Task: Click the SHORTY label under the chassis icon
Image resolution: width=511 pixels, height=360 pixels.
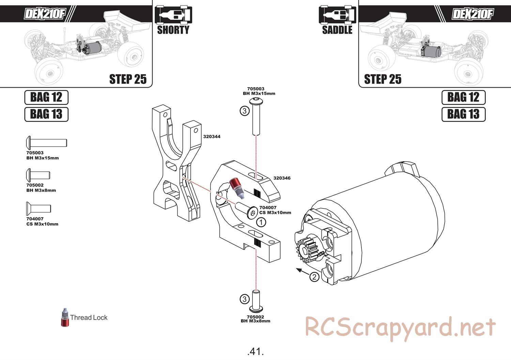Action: [x=173, y=30]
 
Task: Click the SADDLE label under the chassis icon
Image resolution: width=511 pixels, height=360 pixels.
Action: [x=337, y=30]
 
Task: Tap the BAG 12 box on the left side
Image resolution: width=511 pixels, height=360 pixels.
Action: [x=46, y=97]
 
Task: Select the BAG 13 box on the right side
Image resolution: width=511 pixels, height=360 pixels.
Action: [x=463, y=114]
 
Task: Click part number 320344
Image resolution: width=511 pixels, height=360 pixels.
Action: [x=212, y=137]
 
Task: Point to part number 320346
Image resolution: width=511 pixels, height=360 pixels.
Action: [x=282, y=178]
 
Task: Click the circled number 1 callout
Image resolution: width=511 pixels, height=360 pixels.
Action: [x=261, y=223]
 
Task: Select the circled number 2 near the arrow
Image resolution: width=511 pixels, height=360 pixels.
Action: [x=314, y=277]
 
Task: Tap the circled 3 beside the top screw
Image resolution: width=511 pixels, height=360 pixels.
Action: [x=245, y=111]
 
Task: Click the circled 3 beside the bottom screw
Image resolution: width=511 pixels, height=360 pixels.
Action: [x=245, y=299]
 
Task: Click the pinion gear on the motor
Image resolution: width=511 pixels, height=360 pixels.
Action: [x=305, y=251]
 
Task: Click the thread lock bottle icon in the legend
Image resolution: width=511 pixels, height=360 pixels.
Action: [x=65, y=318]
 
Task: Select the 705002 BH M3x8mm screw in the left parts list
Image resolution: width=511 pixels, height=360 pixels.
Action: [x=38, y=175]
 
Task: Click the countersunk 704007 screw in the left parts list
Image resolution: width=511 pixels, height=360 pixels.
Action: [x=38, y=208]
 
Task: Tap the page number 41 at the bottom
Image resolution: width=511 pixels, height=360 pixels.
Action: [x=255, y=351]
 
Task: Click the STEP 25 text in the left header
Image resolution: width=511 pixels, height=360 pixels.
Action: [x=128, y=79]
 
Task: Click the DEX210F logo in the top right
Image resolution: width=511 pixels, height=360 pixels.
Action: [x=472, y=14]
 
